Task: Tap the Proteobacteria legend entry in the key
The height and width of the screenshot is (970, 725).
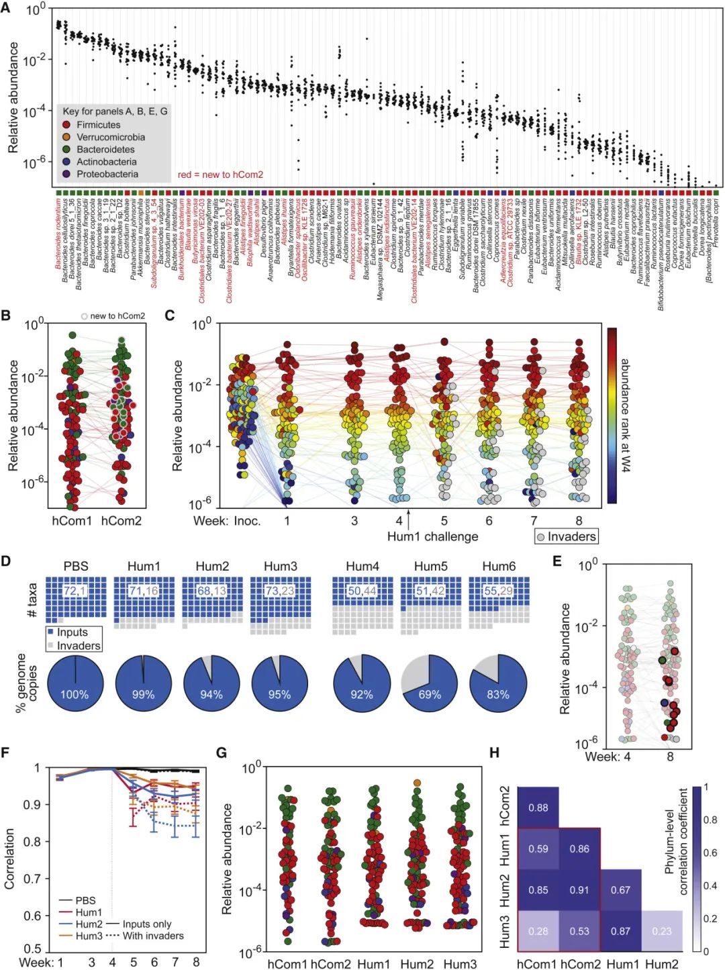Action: [x=107, y=174]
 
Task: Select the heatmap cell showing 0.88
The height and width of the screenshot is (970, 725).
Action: [x=538, y=808]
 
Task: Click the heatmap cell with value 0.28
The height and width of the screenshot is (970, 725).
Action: [x=538, y=931]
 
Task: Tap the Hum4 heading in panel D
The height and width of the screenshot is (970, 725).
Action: [x=362, y=567]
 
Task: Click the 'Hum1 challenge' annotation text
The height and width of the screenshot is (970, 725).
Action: [x=432, y=536]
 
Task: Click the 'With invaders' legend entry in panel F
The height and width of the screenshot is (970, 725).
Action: [x=152, y=936]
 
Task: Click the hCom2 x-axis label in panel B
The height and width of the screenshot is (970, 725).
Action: [x=122, y=520]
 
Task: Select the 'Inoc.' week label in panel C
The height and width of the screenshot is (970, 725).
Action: [x=247, y=521]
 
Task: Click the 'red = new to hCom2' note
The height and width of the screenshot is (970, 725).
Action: [x=220, y=175]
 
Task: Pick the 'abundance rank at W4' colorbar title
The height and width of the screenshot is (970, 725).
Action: [x=625, y=415]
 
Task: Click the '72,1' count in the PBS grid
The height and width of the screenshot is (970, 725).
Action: [x=75, y=591]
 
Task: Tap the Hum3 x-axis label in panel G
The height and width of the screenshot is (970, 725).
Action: [x=460, y=964]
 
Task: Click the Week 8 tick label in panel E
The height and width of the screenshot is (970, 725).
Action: [x=670, y=757]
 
